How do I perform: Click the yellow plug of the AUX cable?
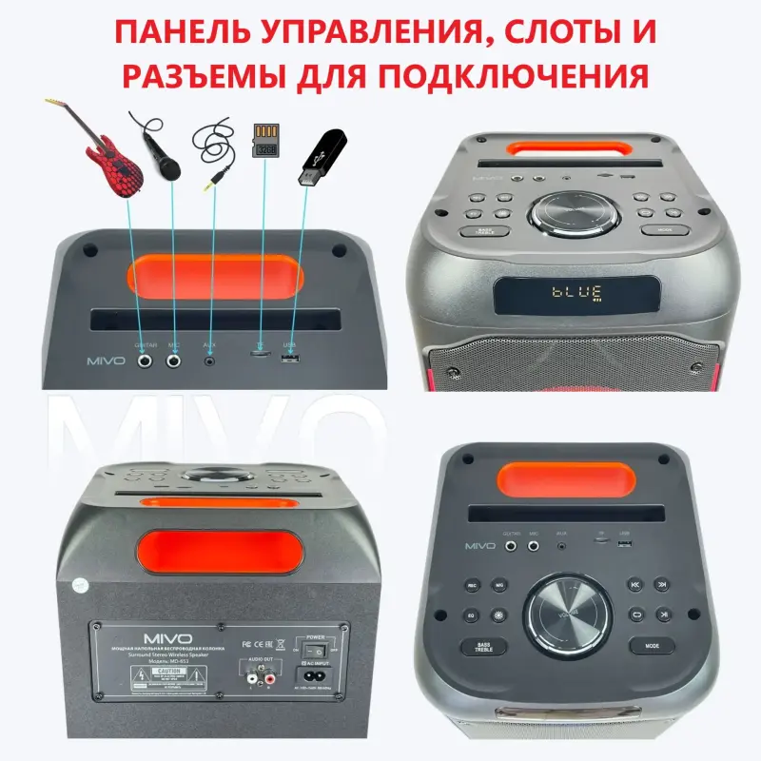(220, 177)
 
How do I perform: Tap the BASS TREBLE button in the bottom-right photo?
(484, 648)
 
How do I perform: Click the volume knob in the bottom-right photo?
(572, 613)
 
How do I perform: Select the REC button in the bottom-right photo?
(472, 587)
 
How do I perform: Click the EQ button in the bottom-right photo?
(472, 615)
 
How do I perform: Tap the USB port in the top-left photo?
(291, 359)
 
